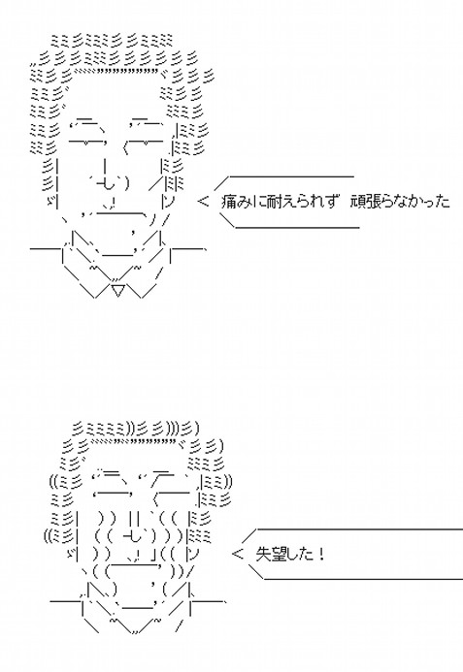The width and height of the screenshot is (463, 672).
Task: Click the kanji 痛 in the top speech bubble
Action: [230, 202]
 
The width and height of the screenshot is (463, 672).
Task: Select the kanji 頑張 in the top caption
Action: [366, 202]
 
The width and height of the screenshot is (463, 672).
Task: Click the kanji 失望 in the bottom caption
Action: [271, 554]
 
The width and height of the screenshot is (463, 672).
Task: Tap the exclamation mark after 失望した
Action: [321, 554]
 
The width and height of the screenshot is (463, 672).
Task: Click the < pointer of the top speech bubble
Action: [203, 201]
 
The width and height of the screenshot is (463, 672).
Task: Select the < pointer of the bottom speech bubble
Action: [237, 554]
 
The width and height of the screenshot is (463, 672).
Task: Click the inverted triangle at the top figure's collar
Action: [118, 290]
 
